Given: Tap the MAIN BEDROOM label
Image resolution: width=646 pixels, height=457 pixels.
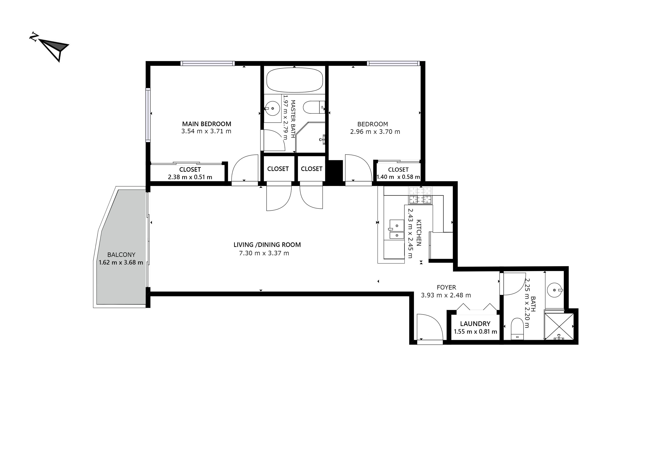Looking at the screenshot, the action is coord(207,124).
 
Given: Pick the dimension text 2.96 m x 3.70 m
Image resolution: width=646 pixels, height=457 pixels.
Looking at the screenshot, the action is coord(375,132).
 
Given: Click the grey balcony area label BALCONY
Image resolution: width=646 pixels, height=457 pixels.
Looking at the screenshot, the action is coord(121,255).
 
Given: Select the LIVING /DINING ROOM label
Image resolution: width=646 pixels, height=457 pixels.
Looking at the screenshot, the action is coord(267,245).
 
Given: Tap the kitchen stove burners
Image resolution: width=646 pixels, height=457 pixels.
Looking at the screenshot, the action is coord(420,195).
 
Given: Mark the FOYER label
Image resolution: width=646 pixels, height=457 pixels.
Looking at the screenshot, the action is coord(446,287).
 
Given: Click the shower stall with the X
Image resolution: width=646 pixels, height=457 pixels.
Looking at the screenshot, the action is coord(559,326).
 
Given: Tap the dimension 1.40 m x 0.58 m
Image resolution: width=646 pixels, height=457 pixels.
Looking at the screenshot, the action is coord(398,177).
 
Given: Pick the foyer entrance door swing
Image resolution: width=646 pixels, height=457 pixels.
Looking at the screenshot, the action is coord(430,328).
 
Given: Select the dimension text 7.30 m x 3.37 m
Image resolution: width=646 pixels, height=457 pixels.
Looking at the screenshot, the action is coord(264,253).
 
